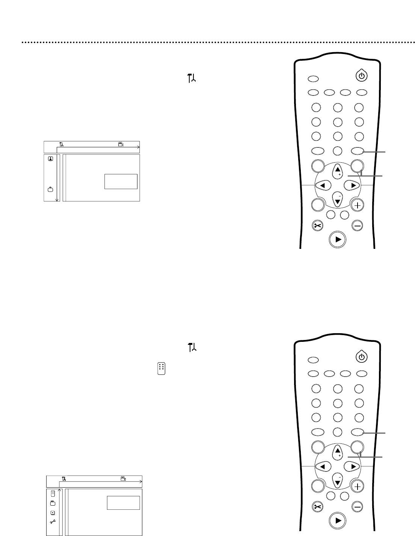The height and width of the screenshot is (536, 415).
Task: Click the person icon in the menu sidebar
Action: [50, 158]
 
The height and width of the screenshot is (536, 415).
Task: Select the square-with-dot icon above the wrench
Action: [53, 512]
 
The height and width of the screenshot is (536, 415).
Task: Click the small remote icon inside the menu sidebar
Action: [53, 493]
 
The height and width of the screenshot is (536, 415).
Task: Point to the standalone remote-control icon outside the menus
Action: [161, 368]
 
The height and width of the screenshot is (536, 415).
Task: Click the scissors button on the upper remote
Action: [318, 226]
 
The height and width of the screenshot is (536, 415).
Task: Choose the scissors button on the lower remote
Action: [318, 507]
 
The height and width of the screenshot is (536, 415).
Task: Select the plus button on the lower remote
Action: [358, 487]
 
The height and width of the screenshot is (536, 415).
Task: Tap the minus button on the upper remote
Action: [358, 226]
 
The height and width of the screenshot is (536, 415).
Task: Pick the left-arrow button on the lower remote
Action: [323, 466]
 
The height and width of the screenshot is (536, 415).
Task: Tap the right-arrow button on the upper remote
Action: [352, 185]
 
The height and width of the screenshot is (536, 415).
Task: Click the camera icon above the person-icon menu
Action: [121, 144]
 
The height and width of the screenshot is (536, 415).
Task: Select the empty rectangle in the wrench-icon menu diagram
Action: [123, 503]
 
